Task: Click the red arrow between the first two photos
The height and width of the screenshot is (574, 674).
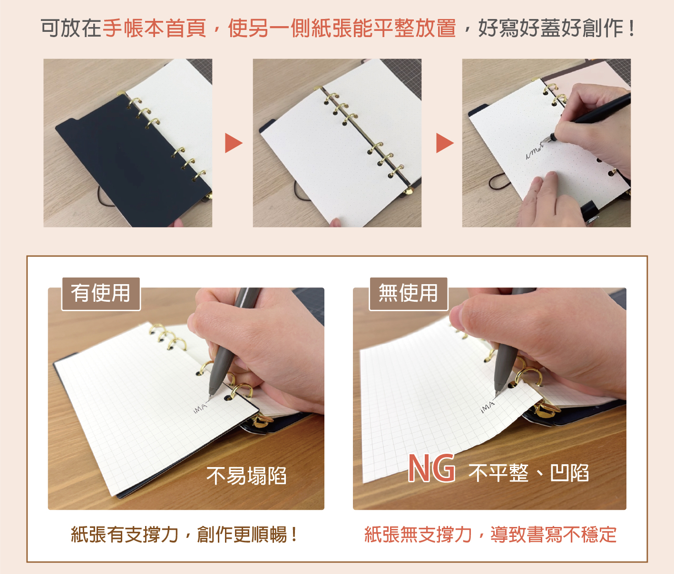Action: tap(233, 143)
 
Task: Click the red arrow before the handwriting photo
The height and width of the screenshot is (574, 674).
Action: tap(444, 143)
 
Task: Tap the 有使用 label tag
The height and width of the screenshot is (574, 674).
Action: tap(101, 294)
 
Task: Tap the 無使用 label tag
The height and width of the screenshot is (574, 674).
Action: tap(408, 294)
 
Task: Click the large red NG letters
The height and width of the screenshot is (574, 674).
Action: tap(431, 469)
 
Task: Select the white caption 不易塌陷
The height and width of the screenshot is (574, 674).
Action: tap(246, 476)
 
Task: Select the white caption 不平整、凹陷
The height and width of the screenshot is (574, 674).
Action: tap(528, 473)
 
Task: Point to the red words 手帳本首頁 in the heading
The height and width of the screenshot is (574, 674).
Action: tap(154, 28)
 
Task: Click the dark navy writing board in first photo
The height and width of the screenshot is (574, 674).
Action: tap(130, 163)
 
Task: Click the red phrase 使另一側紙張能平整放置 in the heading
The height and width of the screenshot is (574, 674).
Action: tap(342, 28)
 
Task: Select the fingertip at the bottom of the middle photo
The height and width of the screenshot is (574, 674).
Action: tap(335, 223)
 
